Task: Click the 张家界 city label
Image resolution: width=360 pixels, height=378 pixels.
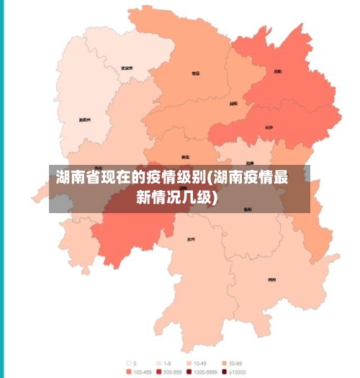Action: tap(127, 68)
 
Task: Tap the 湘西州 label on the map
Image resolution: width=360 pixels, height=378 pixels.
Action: tap(85, 120)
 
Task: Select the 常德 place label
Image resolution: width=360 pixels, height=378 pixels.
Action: tap(195, 73)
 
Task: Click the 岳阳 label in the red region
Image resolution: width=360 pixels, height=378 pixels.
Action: tap(278, 71)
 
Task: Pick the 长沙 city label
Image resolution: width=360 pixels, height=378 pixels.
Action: tap(269, 127)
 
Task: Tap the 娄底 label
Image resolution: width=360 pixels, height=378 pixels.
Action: tap(186, 157)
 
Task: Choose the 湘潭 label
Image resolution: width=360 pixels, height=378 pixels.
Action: tap(249, 163)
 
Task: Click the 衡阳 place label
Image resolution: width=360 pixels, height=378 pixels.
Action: tap(248, 210)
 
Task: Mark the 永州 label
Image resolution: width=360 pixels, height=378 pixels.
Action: tap(191, 238)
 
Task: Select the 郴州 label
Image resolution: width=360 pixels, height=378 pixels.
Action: tap(271, 279)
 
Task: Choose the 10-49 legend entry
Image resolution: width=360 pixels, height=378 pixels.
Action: tap(196, 364)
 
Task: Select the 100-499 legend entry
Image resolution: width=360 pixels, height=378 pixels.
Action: tap(140, 372)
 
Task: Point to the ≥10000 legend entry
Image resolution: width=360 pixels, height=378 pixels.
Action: tap(235, 372)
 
